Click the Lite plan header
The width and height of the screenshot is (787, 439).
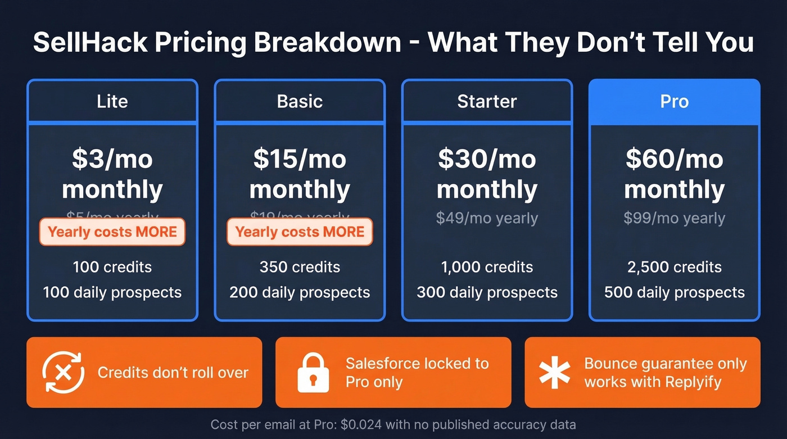tap(112, 101)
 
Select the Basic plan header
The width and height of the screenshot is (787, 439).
tap(300, 101)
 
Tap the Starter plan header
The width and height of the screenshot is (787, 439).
tap(487, 101)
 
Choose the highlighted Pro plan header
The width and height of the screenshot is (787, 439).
tap(674, 101)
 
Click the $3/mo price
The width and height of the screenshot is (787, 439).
tap(112, 159)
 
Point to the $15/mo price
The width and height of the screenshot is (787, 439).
tap(300, 159)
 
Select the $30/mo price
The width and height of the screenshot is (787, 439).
tap(487, 159)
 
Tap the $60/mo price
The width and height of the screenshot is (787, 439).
tap(674, 159)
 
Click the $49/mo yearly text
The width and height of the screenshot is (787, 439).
tap(487, 218)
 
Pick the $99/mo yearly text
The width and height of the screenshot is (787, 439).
tap(674, 218)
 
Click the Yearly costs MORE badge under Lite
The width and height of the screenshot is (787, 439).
tap(112, 232)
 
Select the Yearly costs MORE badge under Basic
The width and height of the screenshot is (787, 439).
tap(300, 232)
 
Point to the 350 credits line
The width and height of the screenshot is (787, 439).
tap(300, 266)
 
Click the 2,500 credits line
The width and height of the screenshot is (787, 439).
tap(674, 266)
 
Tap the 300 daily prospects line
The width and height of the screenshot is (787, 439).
tap(487, 292)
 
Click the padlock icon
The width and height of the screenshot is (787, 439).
tap(313, 372)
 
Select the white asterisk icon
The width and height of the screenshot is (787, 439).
tap(554, 372)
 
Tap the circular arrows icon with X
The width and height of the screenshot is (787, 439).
tap(64, 372)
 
